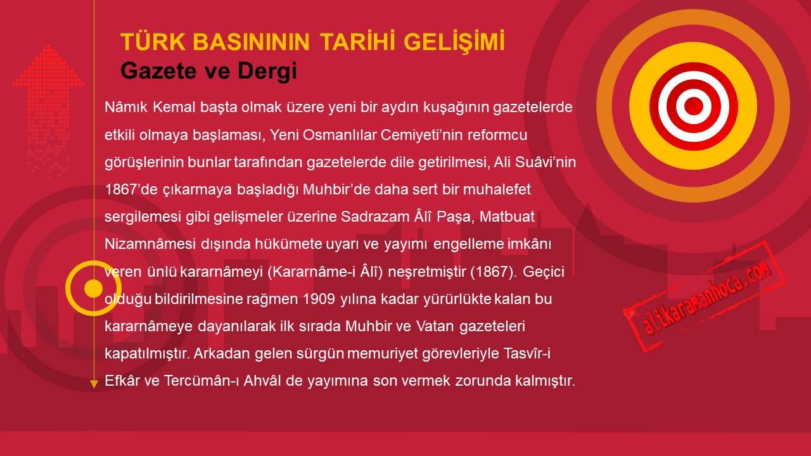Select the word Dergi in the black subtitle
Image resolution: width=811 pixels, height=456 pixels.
click(x=267, y=71)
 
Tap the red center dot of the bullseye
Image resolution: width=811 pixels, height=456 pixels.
click(x=693, y=106)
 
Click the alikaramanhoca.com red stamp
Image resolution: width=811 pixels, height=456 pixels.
click(x=704, y=296)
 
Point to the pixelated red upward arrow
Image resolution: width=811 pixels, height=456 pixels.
click(x=48, y=108)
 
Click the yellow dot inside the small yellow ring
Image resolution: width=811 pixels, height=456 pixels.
click(x=93, y=288)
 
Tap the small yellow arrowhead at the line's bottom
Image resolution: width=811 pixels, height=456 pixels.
click(x=94, y=384)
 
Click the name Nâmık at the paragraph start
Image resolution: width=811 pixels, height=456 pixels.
click(x=126, y=107)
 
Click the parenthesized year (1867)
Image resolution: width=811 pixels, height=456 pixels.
click(x=494, y=272)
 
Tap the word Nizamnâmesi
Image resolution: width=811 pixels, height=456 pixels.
click(x=150, y=244)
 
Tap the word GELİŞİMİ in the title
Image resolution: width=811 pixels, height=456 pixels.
click(x=454, y=41)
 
